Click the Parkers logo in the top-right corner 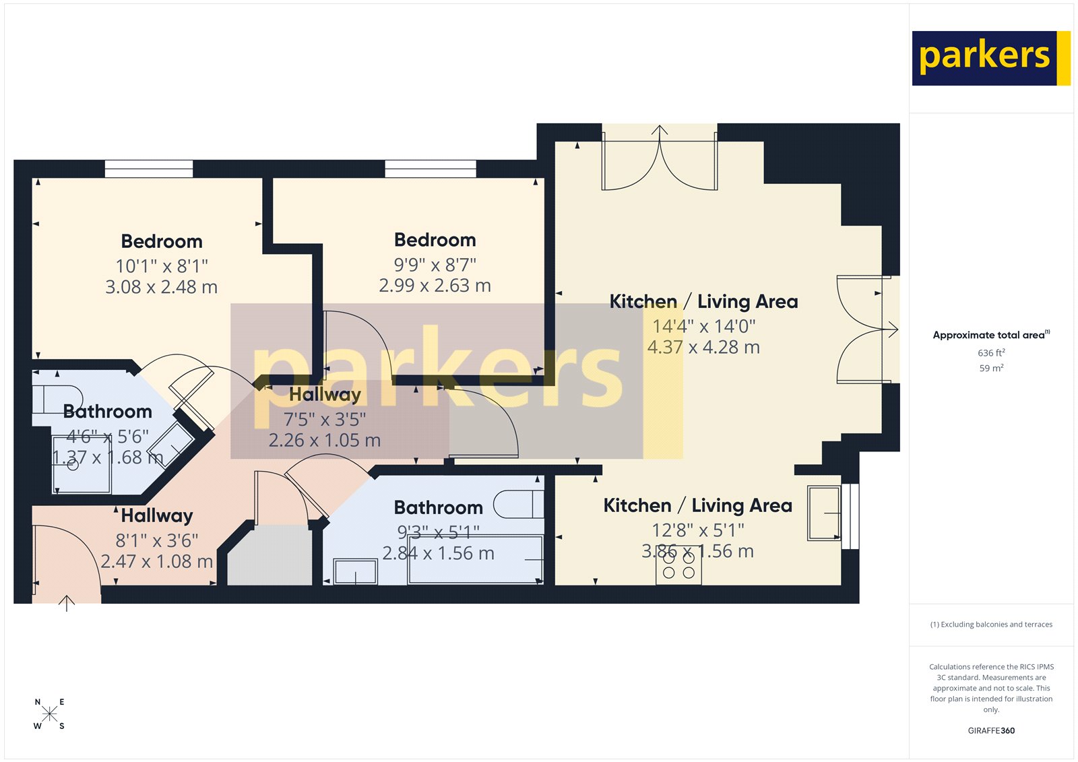(x=990, y=58)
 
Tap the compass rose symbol (x=49, y=714)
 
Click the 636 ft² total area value (x=991, y=353)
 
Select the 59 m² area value (x=991, y=369)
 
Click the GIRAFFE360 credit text (x=991, y=730)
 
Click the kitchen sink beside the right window (x=824, y=513)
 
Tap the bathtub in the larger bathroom (x=475, y=560)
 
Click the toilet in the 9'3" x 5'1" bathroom (x=517, y=504)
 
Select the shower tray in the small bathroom (x=82, y=465)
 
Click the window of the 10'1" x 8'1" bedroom (x=149, y=168)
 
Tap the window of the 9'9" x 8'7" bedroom (x=430, y=168)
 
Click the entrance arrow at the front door (x=66, y=603)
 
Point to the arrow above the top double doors (x=660, y=131)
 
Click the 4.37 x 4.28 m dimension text (x=703, y=348)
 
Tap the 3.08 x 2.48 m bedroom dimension (x=161, y=288)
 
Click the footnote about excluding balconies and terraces (x=991, y=625)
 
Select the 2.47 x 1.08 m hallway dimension (x=157, y=561)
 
